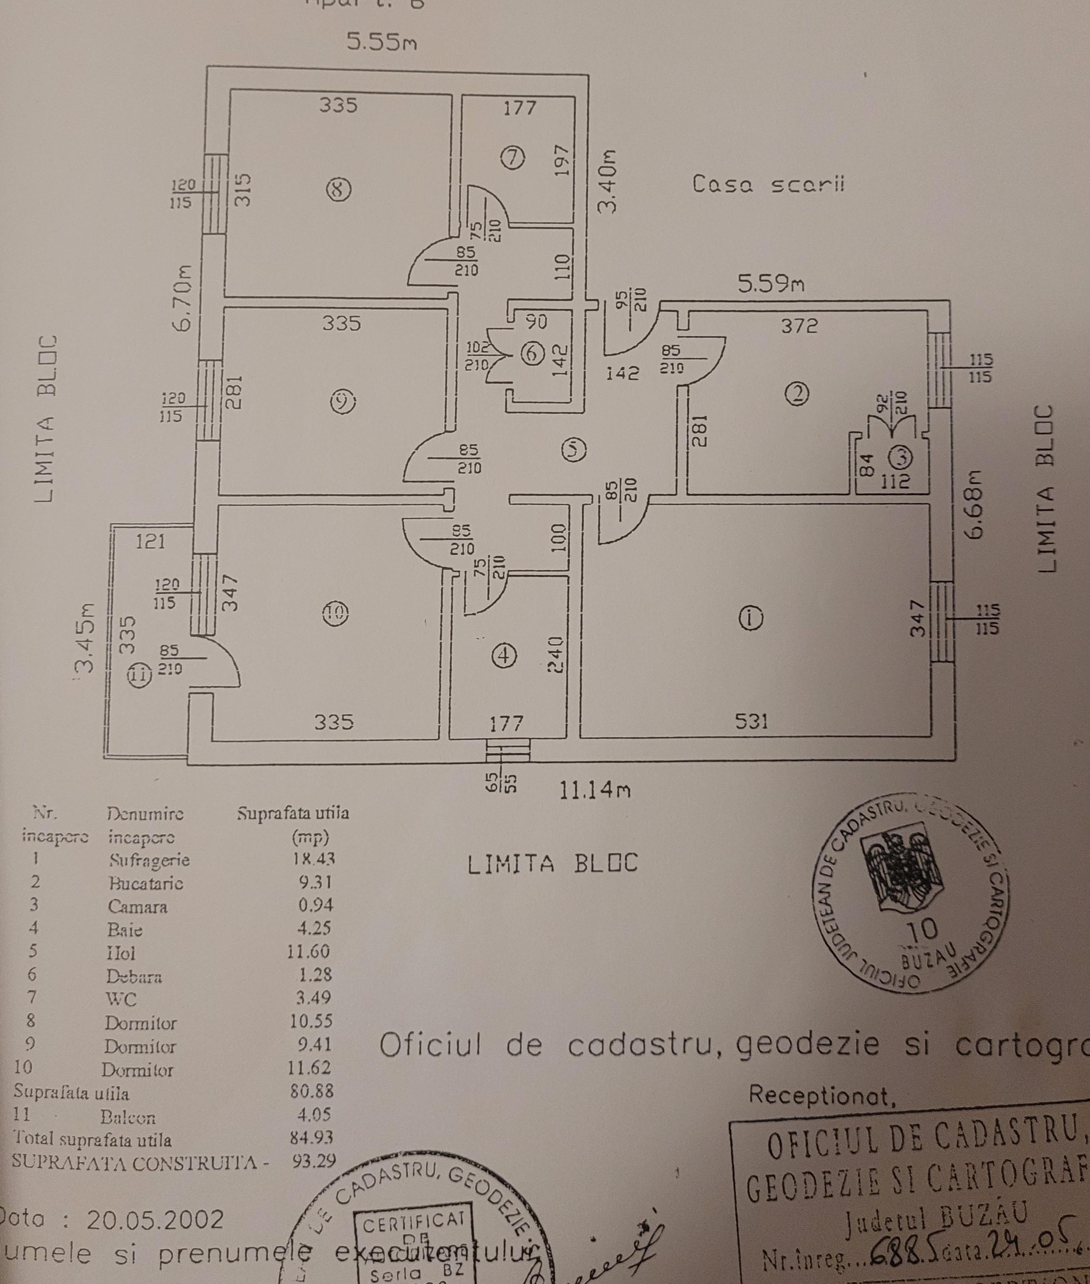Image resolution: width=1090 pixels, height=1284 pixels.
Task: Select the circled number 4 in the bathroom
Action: pyautogui.click(x=506, y=655)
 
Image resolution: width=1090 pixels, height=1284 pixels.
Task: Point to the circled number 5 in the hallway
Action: pyautogui.click(x=575, y=449)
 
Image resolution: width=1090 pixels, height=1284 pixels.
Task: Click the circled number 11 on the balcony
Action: pyautogui.click(x=139, y=676)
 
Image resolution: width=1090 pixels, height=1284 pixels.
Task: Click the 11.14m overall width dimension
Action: pyautogui.click(x=595, y=790)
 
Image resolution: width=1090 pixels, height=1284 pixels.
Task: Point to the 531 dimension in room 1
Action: pyautogui.click(x=751, y=721)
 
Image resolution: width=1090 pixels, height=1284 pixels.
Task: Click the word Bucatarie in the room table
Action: pyautogui.click(x=146, y=883)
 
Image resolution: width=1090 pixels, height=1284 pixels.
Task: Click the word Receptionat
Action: pyautogui.click(x=822, y=1094)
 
